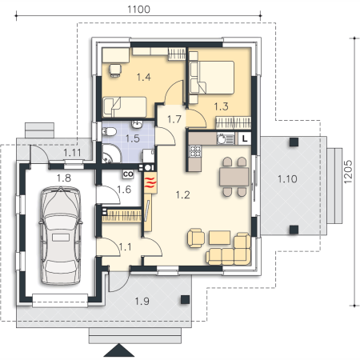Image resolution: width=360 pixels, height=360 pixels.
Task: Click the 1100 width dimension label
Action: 138,10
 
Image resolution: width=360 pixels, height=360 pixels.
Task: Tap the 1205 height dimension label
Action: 348,172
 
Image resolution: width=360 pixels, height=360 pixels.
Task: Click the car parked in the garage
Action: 61,235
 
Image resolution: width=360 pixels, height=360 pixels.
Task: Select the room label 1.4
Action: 144,77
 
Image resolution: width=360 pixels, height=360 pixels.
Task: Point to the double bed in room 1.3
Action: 212,78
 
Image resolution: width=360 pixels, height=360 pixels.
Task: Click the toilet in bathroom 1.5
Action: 109,131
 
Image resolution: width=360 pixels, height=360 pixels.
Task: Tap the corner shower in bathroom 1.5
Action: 111,154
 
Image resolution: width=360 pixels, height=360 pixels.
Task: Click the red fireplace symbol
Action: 150,182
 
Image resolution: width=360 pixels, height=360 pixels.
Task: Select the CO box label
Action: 128,174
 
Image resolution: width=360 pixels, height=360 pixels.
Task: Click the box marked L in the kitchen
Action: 245,138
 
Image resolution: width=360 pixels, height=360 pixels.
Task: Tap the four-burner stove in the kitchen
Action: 195,151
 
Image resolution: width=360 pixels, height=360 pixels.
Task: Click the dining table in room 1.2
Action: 234,177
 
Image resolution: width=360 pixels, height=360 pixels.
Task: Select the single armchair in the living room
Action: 196,238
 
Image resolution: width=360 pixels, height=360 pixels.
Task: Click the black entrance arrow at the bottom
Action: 119,350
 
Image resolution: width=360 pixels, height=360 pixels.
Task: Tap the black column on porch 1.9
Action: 185,299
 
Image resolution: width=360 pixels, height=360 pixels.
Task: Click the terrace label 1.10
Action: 287,179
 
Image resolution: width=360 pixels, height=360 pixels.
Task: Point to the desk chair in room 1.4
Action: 115,70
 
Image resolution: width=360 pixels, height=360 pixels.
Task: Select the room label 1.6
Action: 124,190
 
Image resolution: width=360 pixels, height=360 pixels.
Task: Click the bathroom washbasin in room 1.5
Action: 138,124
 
